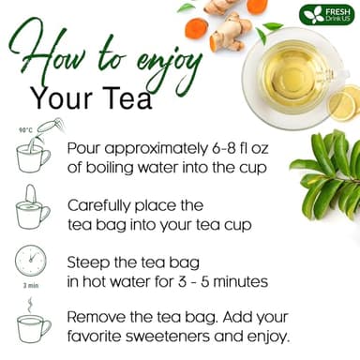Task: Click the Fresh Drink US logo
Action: point(327,15)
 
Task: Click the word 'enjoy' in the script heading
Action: point(169,62)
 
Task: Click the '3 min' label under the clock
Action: point(30,286)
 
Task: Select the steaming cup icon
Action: point(32,322)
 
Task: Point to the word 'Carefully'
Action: point(104,203)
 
